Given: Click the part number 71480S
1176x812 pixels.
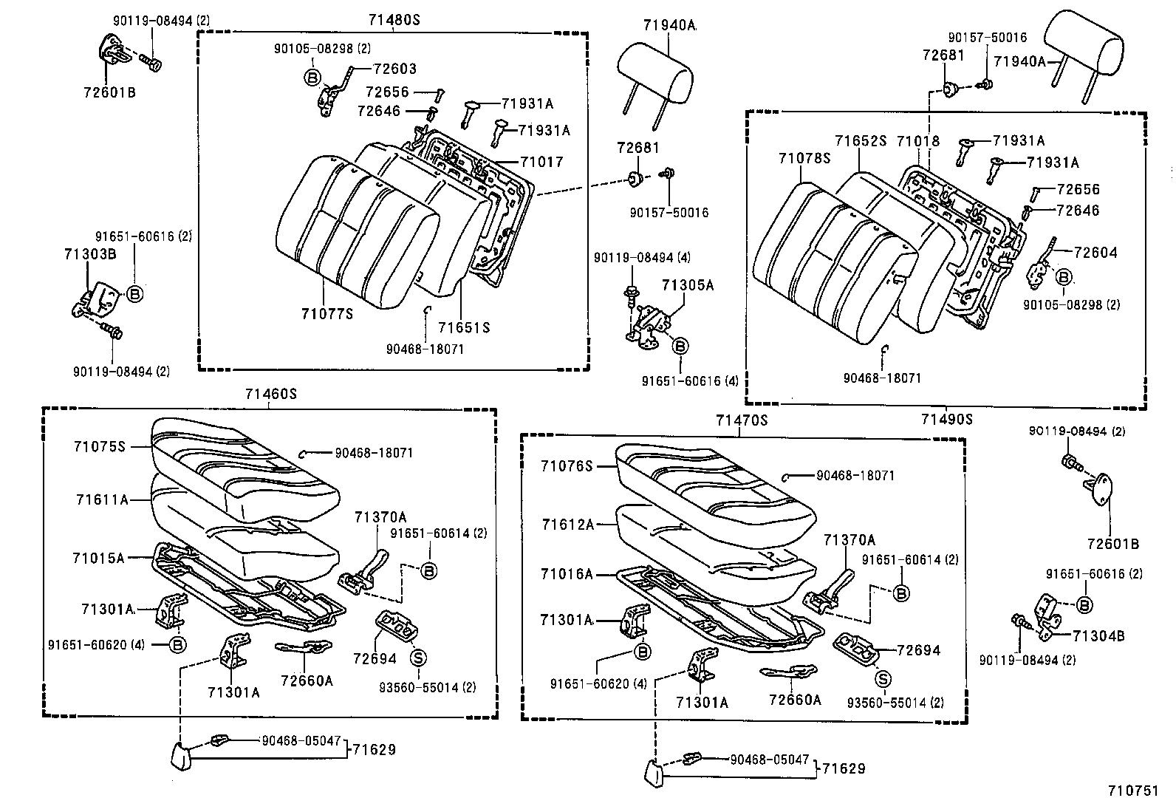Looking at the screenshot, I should (x=393, y=20).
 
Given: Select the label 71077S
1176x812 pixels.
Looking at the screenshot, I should (x=327, y=313).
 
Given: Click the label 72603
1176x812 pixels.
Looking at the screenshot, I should (x=394, y=69).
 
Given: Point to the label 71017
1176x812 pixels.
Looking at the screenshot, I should (x=541, y=161).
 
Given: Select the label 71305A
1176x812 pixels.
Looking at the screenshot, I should (x=687, y=284).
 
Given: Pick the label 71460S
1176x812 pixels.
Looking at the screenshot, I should (x=271, y=395).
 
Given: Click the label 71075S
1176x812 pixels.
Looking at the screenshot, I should (x=100, y=446).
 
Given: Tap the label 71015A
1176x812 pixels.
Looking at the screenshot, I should (x=98, y=558).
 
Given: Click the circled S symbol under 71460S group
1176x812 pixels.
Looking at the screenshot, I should (x=418, y=658).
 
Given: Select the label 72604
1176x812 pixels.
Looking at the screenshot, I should (x=1095, y=252).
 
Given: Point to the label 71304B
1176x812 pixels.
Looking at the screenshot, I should (x=1098, y=635).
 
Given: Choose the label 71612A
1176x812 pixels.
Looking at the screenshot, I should (x=567, y=525).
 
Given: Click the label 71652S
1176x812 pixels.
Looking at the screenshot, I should (x=861, y=140).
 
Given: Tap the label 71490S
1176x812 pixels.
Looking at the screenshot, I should (x=947, y=419).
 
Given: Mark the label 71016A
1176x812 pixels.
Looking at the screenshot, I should (x=567, y=573).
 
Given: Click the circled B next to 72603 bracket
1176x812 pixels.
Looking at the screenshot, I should (x=312, y=76).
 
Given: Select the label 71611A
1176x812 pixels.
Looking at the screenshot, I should (x=102, y=499).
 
